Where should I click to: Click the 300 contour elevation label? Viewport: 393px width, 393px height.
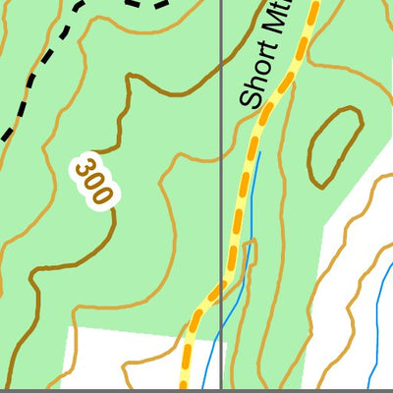(92, 180)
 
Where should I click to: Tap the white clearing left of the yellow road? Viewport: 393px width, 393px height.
(118, 359)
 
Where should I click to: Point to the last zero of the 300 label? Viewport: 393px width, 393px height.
(100, 193)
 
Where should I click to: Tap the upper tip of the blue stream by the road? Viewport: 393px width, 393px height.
(259, 155)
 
